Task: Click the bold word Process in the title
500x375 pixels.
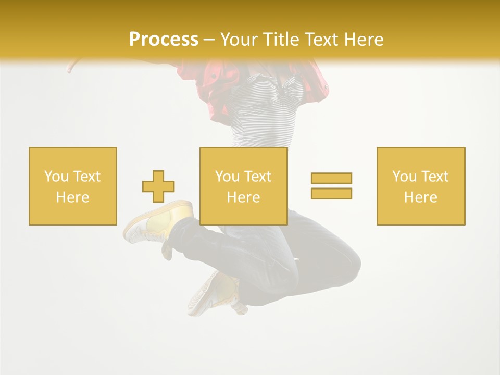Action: coord(164,40)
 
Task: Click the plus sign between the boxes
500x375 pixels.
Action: coord(158,186)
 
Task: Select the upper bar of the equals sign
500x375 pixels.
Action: coord(331,178)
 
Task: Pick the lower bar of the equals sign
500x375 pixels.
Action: coord(331,193)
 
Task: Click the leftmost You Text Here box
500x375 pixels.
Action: coord(73,186)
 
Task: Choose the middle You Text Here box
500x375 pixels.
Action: coord(243,186)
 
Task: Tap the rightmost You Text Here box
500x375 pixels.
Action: coord(420,186)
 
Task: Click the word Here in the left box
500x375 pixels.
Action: coord(73,197)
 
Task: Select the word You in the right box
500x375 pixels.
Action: coord(404,177)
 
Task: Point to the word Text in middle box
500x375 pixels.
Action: coord(258,177)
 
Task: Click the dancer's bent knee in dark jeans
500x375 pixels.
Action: coord(344,266)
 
